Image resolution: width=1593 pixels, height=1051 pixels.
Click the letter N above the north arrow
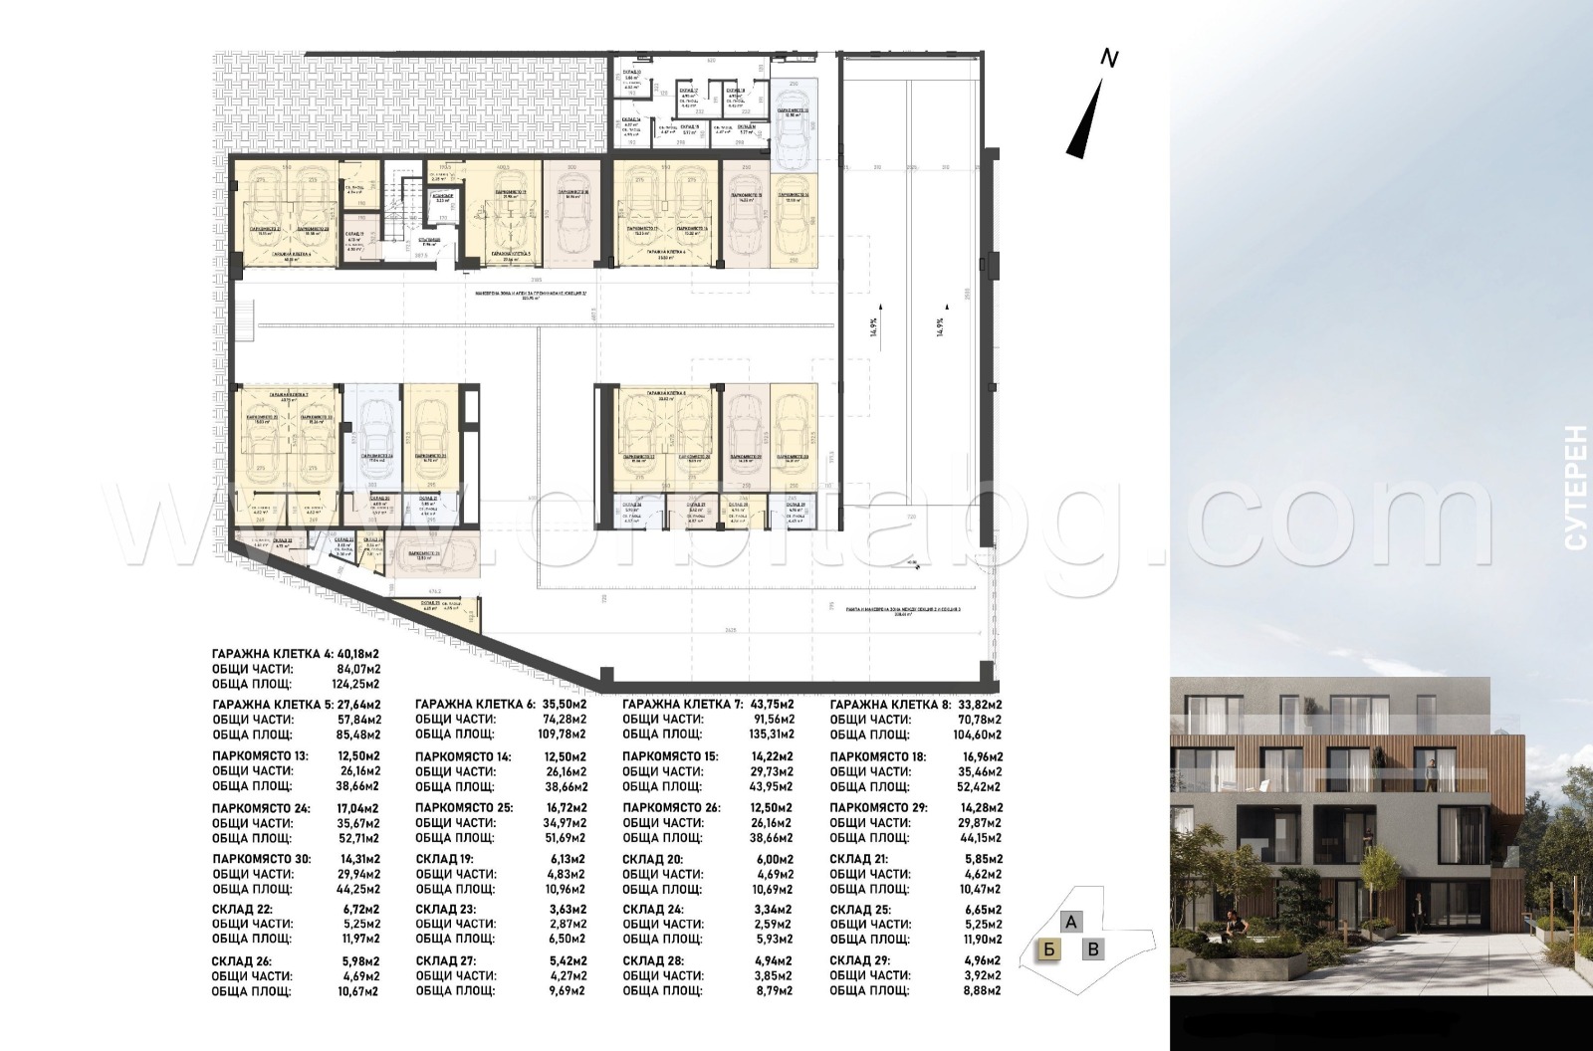[x=1109, y=59]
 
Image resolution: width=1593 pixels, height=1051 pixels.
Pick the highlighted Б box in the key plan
[x=1047, y=948]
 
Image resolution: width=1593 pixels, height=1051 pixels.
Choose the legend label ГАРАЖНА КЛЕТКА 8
[x=884, y=705]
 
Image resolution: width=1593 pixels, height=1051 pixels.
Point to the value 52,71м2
[x=357, y=838]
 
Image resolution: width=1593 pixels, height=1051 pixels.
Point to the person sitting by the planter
[x=1235, y=923]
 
